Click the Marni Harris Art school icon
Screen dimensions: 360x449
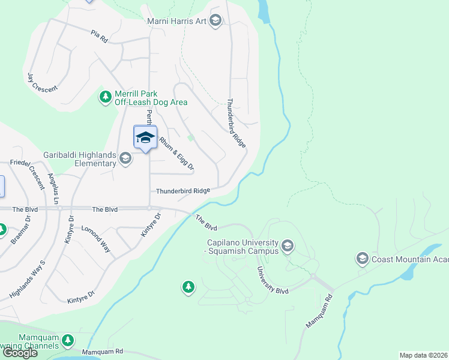pos(215,22)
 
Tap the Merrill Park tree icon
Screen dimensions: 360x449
pos(106,97)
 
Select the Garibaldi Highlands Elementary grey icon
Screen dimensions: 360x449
pos(125,158)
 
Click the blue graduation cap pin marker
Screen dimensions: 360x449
pos(145,138)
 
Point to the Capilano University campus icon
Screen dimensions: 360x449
pos(288,246)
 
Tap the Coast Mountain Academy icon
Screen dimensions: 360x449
pos(362,259)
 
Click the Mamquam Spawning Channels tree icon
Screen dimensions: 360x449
pos(68,341)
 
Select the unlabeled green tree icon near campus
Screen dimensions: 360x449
pos(188,288)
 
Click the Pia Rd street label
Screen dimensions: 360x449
pos(99,35)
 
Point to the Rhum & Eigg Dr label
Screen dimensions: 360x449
pos(176,154)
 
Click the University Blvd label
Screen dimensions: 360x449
pos(273,281)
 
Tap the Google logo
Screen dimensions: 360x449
pos(20,353)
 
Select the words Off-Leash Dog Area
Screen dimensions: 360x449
pos(151,103)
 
